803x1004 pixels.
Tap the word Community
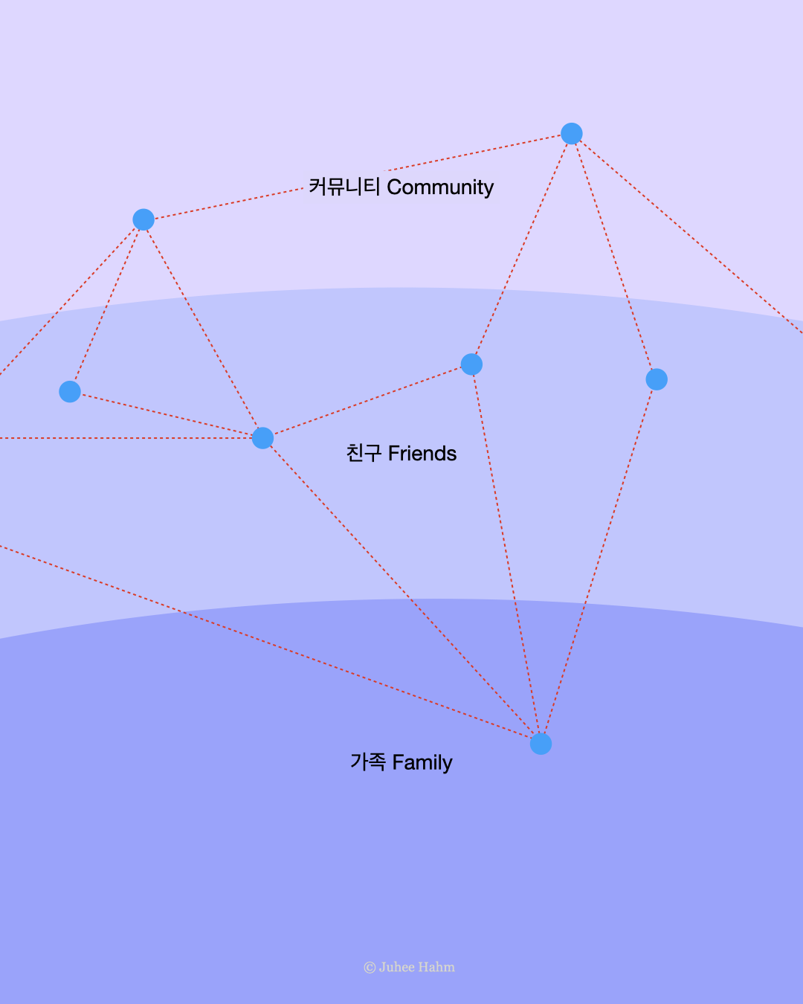(x=440, y=187)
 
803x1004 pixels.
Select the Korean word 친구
(x=364, y=453)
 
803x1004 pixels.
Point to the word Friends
(x=422, y=454)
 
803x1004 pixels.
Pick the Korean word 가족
(x=368, y=762)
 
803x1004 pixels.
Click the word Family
(x=422, y=763)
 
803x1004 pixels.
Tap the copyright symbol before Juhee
(x=370, y=968)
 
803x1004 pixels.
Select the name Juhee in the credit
(x=396, y=967)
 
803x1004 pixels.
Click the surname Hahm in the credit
(x=436, y=967)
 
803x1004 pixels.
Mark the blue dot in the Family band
(x=541, y=744)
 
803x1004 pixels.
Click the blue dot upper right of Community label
(x=571, y=134)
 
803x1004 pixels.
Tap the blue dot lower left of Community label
(x=143, y=219)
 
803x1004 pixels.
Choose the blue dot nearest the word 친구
(x=262, y=438)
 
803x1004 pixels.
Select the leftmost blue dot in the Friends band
(x=70, y=391)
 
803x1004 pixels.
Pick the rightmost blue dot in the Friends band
(x=657, y=379)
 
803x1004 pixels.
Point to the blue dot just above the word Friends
(x=471, y=364)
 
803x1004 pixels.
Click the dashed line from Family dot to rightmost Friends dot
(x=599, y=561)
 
